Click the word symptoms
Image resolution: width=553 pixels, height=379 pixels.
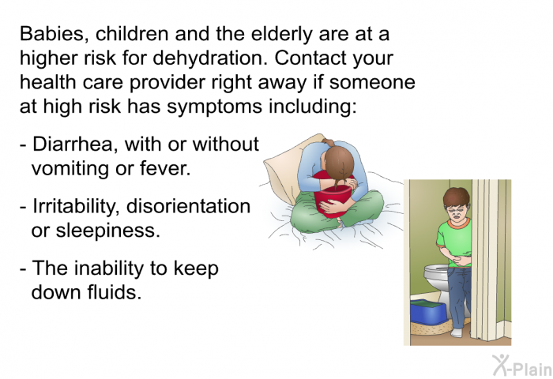[x=214, y=107]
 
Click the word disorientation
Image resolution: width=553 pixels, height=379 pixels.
[x=188, y=206]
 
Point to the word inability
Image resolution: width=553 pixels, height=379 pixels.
[x=109, y=269]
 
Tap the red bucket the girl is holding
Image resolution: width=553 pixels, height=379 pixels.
[x=332, y=199]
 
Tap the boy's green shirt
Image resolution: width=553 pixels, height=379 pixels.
[x=455, y=242]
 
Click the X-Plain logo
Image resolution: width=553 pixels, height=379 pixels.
[x=522, y=366]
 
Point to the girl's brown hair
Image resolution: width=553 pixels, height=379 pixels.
[x=339, y=162]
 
